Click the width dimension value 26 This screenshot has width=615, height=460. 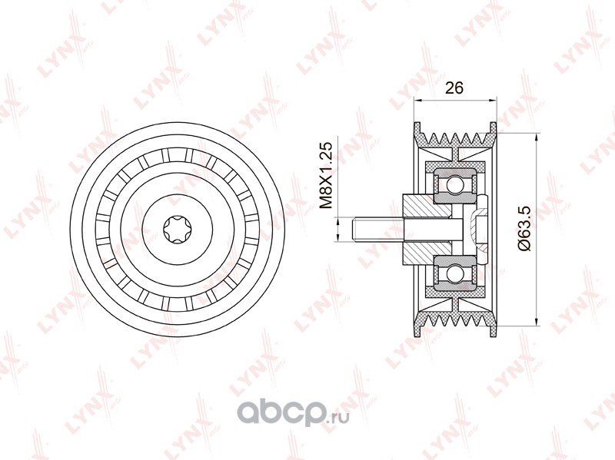pyautogui.click(x=454, y=88)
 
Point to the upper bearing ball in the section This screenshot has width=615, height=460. pyautogui.click(x=455, y=182)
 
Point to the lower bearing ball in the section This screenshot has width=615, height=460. pyautogui.click(x=455, y=270)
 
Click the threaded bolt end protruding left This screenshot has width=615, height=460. pyautogui.click(x=377, y=230)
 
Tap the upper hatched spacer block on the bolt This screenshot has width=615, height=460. pyautogui.click(x=427, y=205)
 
